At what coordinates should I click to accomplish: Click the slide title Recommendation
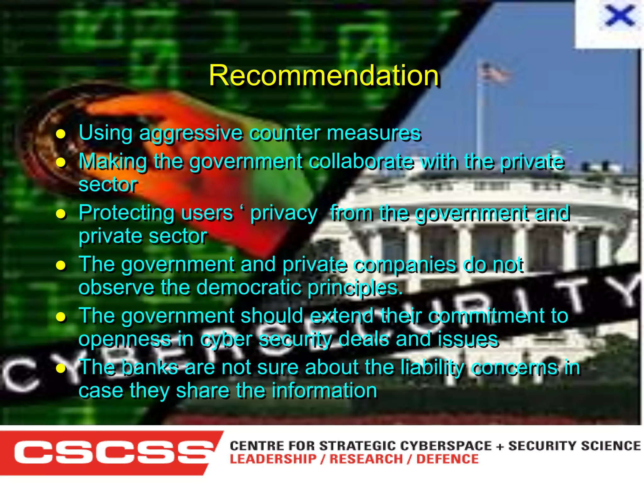pyautogui.click(x=324, y=75)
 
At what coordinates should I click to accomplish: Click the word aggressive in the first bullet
pyautogui.click(x=191, y=133)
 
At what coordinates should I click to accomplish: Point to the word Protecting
pyautogui.click(x=126, y=213)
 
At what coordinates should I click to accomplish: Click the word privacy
pyautogui.click(x=284, y=213)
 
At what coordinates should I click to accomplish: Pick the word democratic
pyautogui.click(x=249, y=287)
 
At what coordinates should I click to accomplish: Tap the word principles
pyautogui.click(x=355, y=288)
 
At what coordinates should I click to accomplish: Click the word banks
pyautogui.click(x=150, y=367)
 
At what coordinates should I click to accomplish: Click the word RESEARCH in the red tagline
pyautogui.click(x=366, y=459)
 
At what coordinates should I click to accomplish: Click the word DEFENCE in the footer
pyautogui.click(x=447, y=459)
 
